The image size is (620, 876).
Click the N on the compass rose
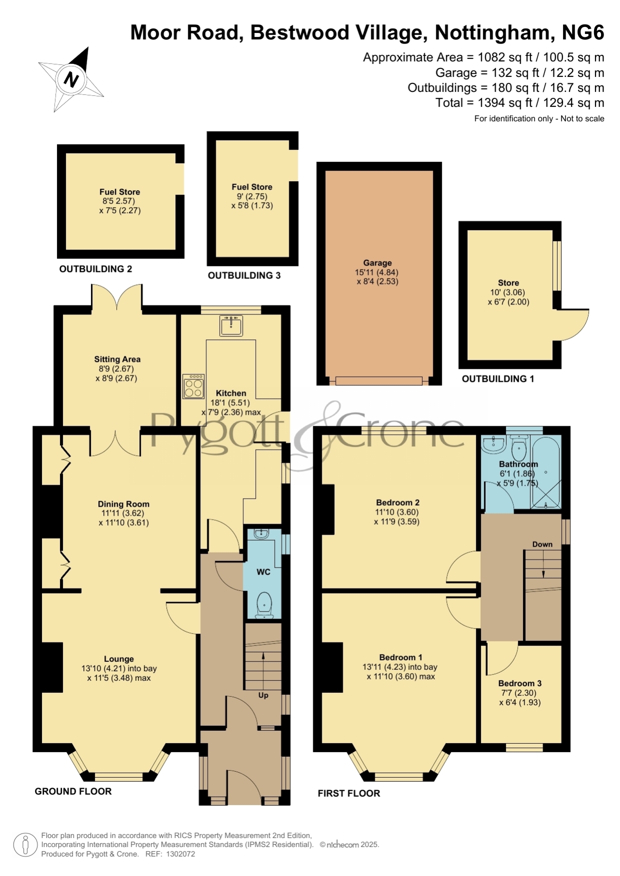click(x=72, y=79)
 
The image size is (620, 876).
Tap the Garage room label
click(x=377, y=263)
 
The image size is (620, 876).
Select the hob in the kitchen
click(x=194, y=386)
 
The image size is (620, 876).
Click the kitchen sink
click(x=231, y=325)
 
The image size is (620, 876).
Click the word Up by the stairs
click(x=263, y=695)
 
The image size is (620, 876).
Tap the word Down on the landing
click(x=543, y=544)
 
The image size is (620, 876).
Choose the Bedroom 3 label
click(x=520, y=683)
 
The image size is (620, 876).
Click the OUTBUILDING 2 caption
click(x=95, y=269)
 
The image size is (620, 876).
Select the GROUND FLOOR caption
click(x=73, y=791)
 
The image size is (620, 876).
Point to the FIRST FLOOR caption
click(x=349, y=793)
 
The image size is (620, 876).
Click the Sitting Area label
click(x=117, y=359)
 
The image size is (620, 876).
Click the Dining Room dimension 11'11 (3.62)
click(x=123, y=513)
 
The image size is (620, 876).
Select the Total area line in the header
click(x=520, y=103)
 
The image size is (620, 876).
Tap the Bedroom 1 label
click(x=401, y=657)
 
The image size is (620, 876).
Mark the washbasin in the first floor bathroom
click(x=494, y=443)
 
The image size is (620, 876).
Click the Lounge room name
click(x=119, y=659)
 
